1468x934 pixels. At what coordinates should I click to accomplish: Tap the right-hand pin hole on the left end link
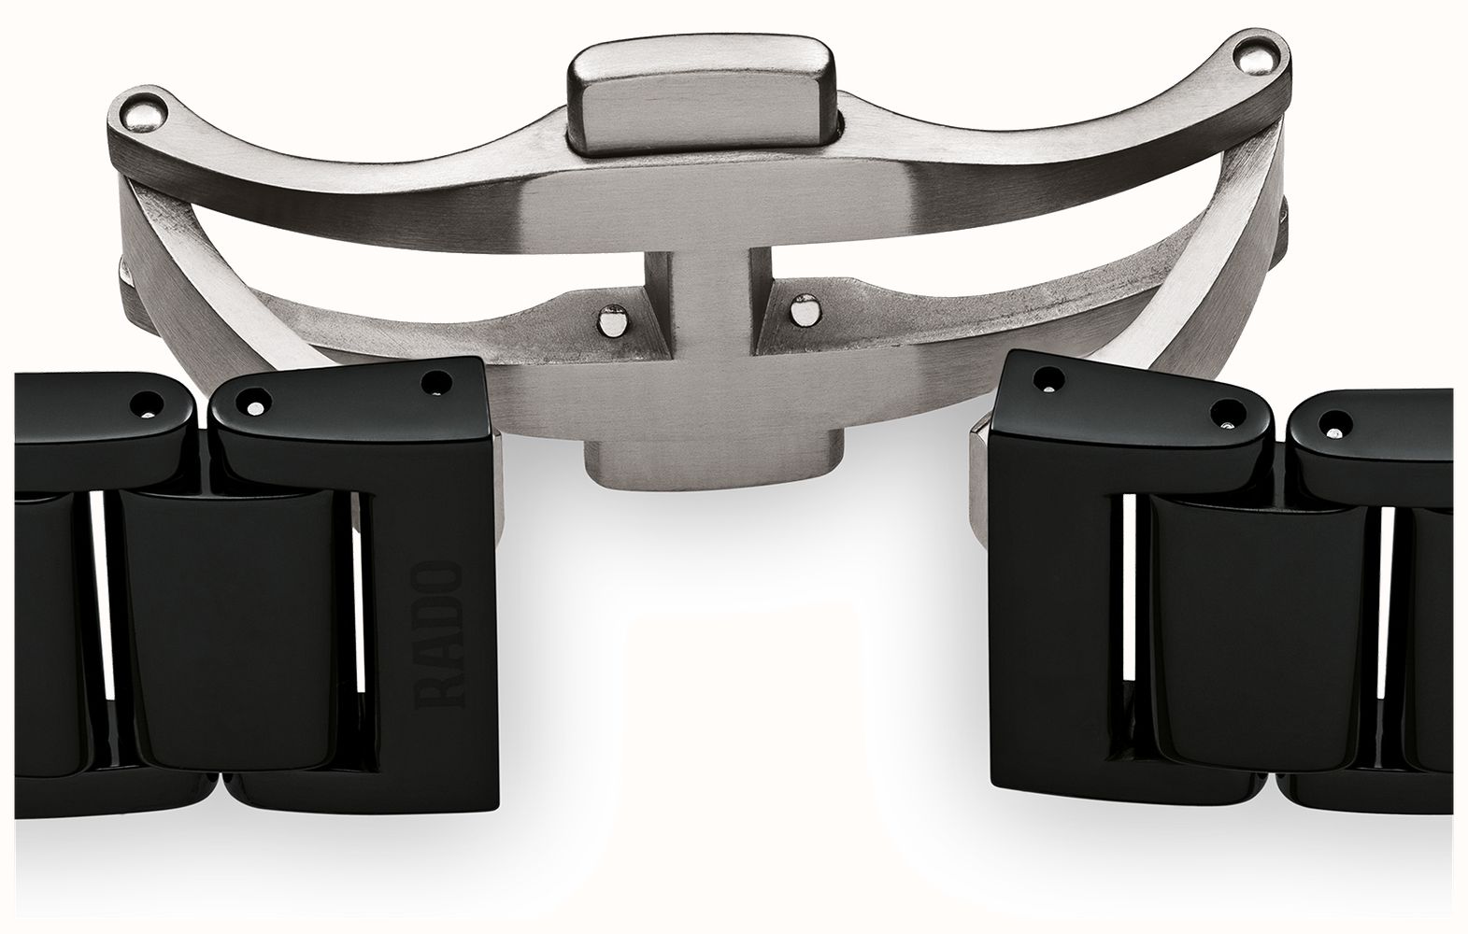pyautogui.click(x=435, y=383)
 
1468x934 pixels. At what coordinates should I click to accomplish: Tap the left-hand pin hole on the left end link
pyautogui.click(x=253, y=402)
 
